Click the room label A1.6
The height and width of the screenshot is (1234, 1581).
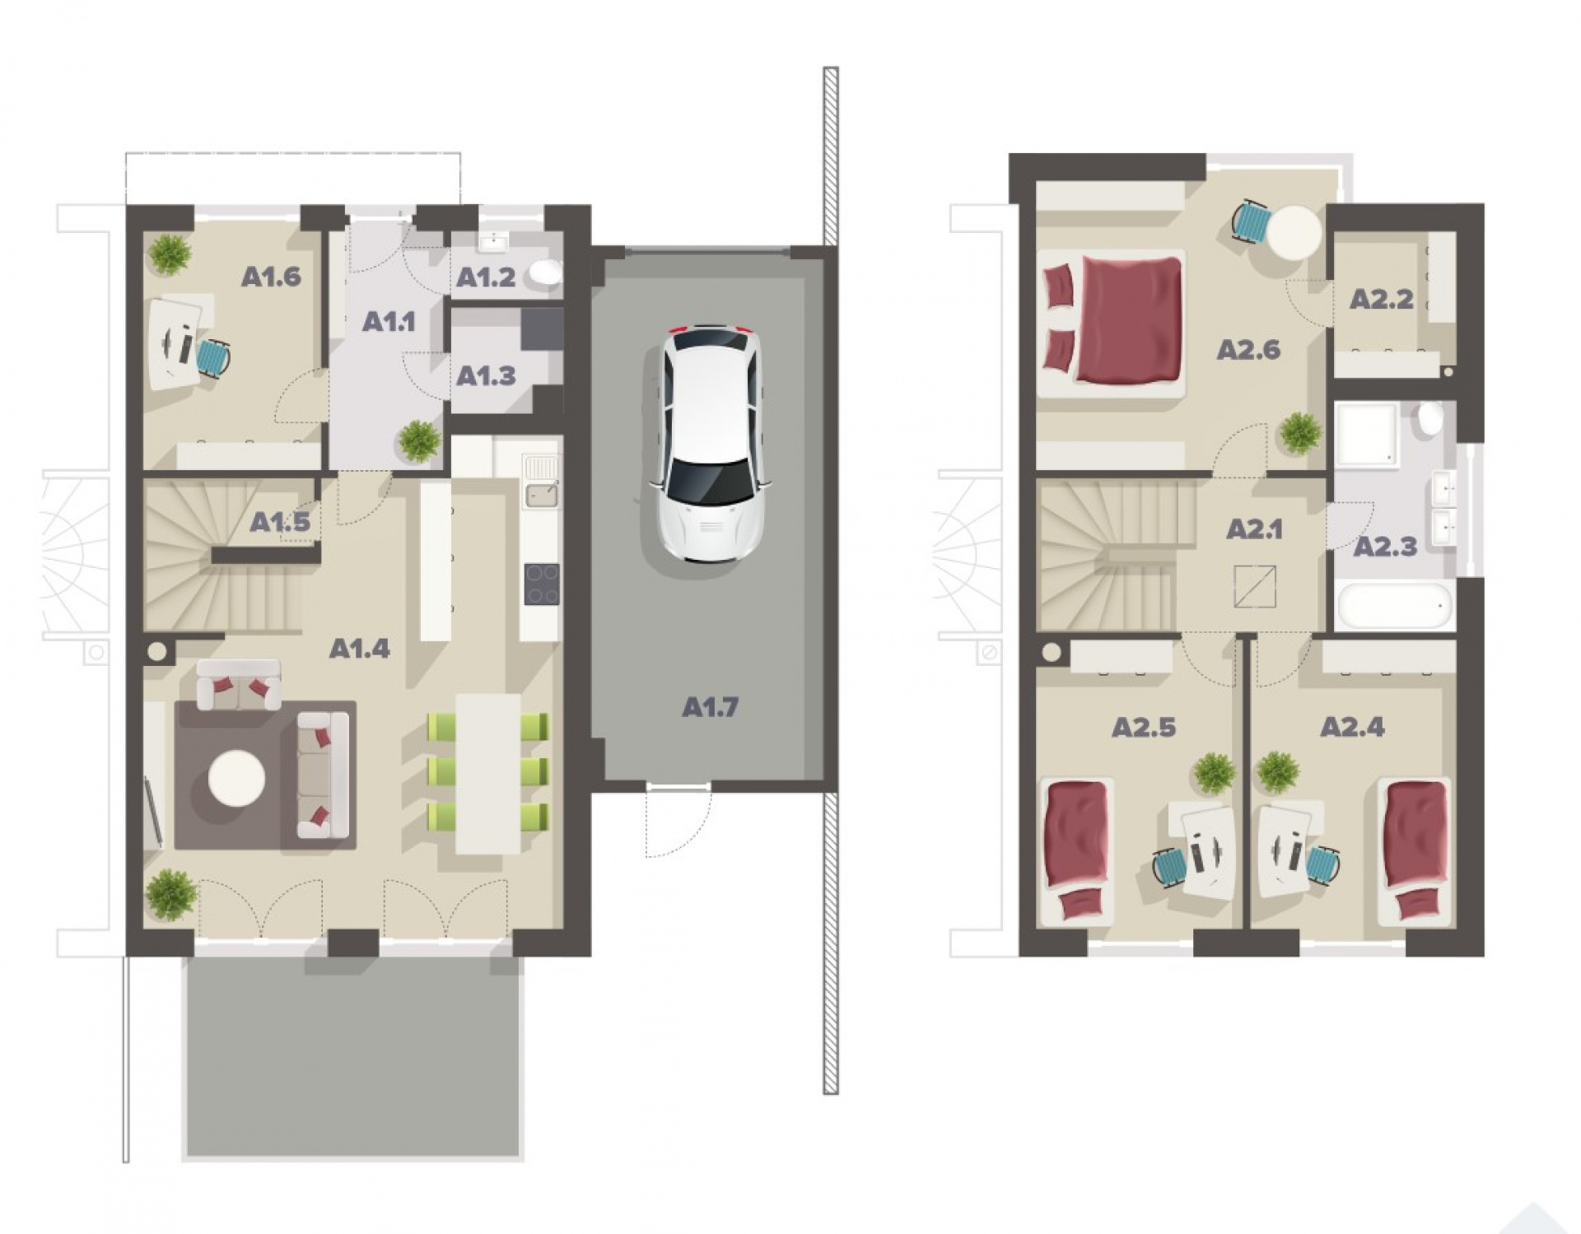pyautogui.click(x=271, y=277)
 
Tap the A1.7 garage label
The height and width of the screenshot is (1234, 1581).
pyautogui.click(x=710, y=706)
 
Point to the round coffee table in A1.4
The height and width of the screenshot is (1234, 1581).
pyautogui.click(x=236, y=777)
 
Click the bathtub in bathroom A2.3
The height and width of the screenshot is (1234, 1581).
pyautogui.click(x=1394, y=606)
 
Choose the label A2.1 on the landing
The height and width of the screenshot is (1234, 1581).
pyautogui.click(x=1254, y=529)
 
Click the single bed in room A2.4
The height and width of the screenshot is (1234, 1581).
pyautogui.click(x=1415, y=850)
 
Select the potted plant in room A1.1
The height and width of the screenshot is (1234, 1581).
pyautogui.click(x=419, y=440)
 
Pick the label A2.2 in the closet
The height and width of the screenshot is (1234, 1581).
pyautogui.click(x=1381, y=299)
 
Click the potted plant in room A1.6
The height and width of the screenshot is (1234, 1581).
pyautogui.click(x=170, y=254)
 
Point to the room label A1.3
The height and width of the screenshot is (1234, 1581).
pyautogui.click(x=486, y=376)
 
